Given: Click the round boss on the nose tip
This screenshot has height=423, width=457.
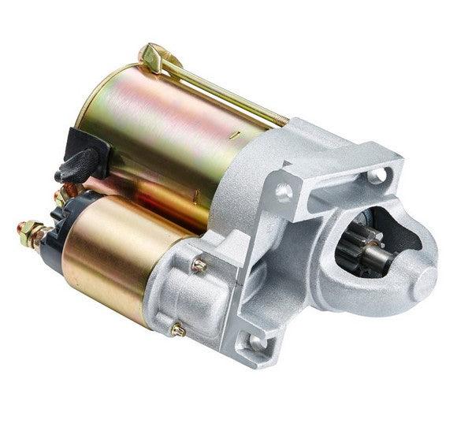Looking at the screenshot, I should coord(418,276).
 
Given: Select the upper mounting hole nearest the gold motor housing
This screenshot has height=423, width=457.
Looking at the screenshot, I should coord(284,191).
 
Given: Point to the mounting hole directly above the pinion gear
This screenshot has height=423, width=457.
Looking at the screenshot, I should coord(377,174).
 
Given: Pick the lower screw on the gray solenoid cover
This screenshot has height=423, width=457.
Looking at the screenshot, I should coord(178,330).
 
